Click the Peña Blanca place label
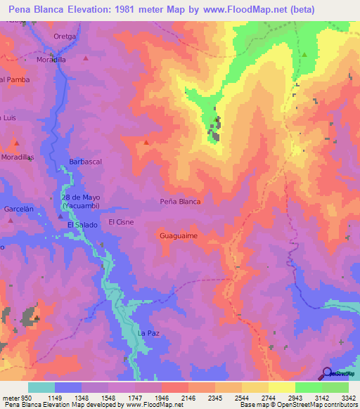click(x=180, y=202)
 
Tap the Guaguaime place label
click(x=178, y=236)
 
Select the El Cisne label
click(x=121, y=222)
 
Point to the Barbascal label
click(x=86, y=162)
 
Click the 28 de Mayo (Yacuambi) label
click(x=80, y=202)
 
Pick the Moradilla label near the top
click(x=51, y=60)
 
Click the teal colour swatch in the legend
click(x=41, y=387)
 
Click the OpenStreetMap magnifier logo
click(x=326, y=374)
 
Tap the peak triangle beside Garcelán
click(x=11, y=220)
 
